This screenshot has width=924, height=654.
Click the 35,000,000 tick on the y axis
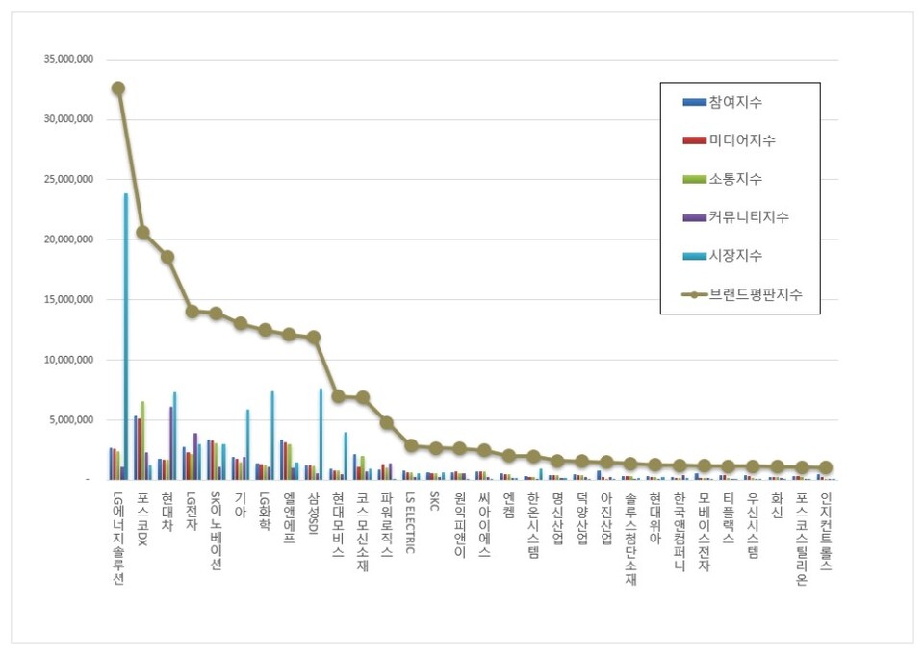(x=66, y=60)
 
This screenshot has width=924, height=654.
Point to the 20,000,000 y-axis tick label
(x=66, y=239)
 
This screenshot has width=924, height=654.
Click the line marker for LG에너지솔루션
(x=117, y=88)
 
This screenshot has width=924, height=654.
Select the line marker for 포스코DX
(x=142, y=232)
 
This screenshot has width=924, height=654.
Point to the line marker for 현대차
(x=167, y=257)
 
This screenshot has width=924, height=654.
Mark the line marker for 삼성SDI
(x=313, y=337)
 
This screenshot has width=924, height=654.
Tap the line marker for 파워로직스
(x=386, y=422)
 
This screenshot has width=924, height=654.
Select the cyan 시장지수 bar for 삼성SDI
(x=321, y=434)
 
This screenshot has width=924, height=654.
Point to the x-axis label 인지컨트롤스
(x=826, y=530)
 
